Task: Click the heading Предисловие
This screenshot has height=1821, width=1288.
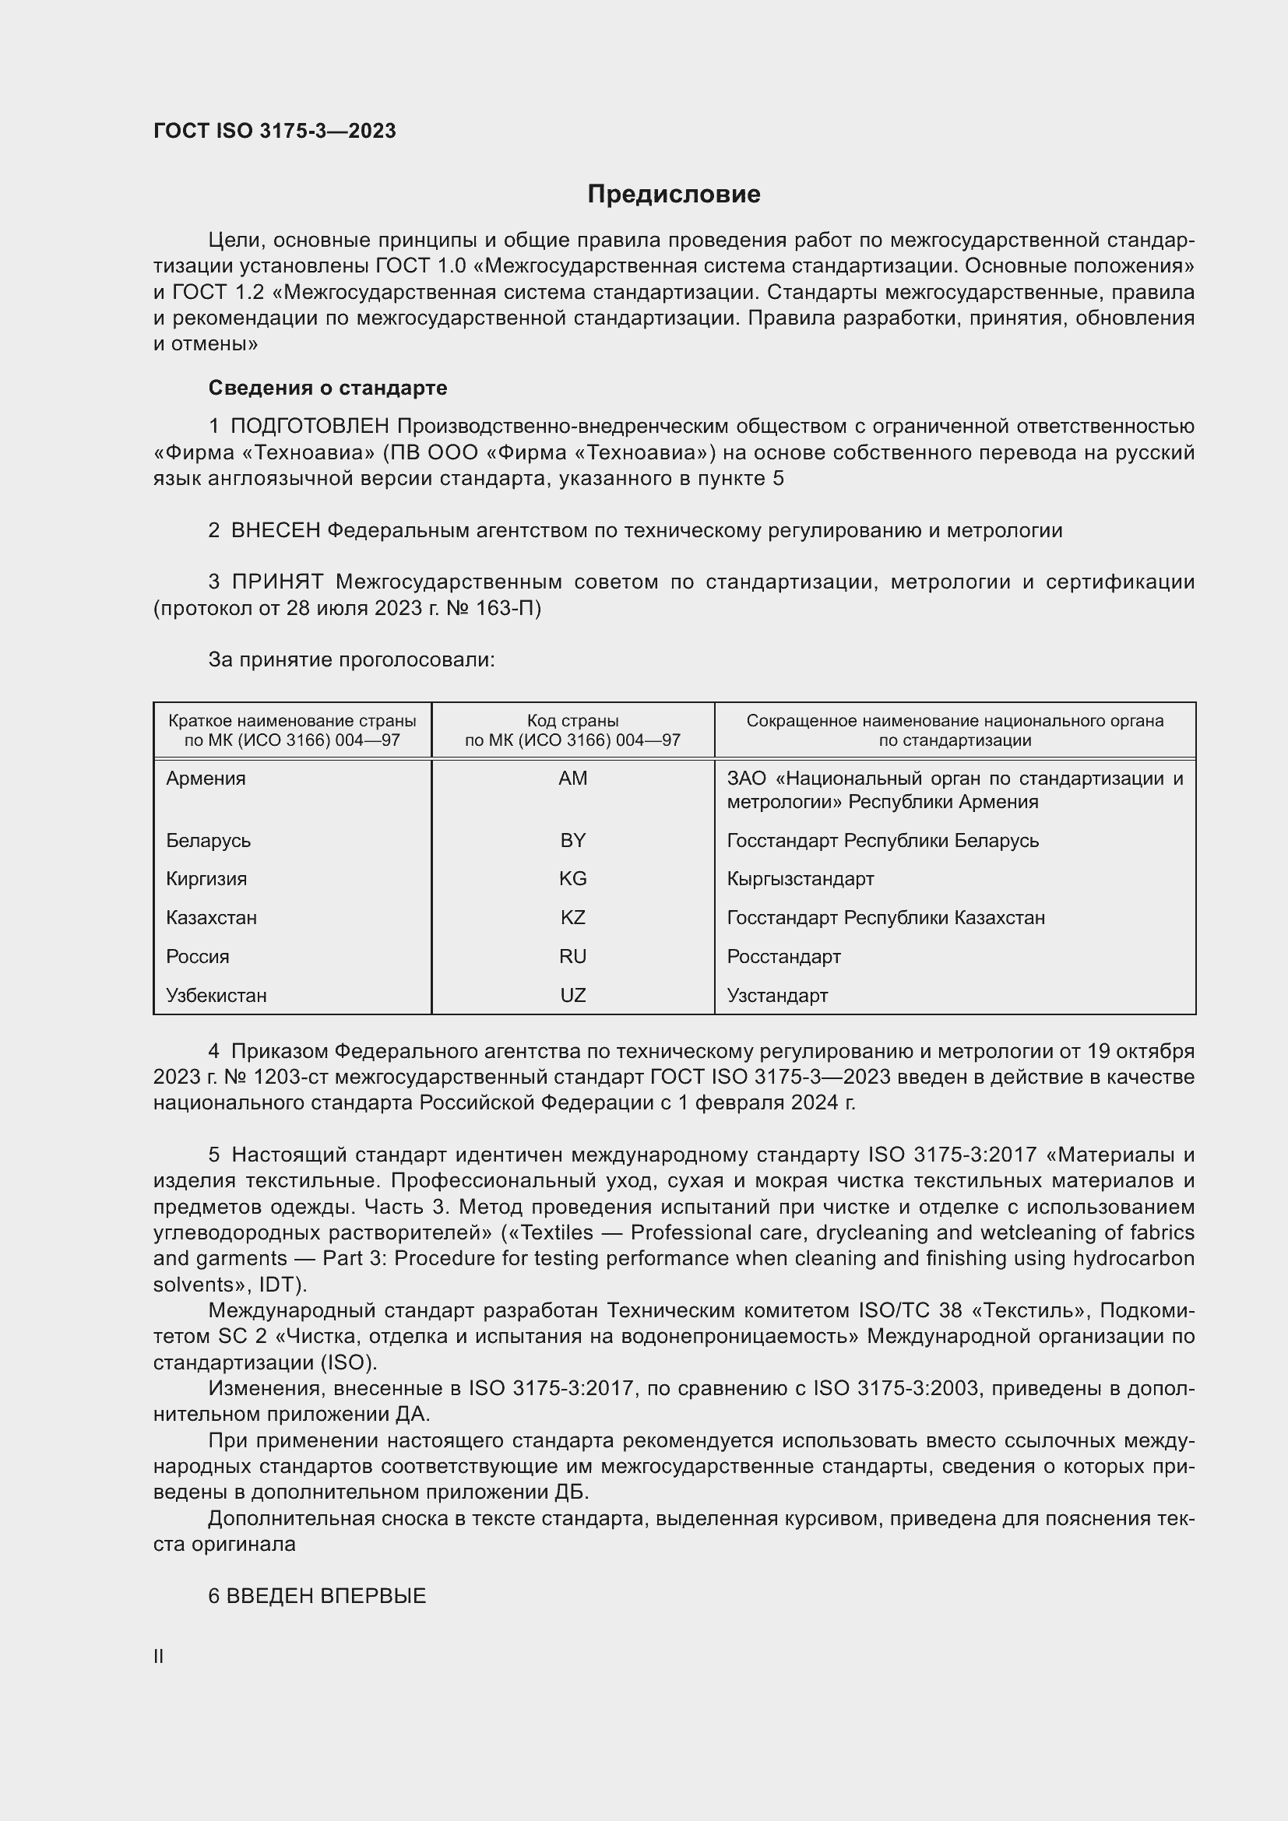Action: click(x=674, y=195)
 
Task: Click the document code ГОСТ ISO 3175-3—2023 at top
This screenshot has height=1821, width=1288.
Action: click(x=274, y=131)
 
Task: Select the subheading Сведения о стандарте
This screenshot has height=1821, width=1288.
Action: click(x=328, y=388)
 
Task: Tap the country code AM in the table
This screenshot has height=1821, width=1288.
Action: click(x=572, y=778)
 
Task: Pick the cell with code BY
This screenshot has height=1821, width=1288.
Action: click(x=572, y=840)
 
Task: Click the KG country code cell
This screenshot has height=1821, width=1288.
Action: click(x=572, y=879)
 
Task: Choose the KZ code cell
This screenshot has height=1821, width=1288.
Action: click(x=572, y=918)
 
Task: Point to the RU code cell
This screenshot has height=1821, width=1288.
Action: click(x=572, y=957)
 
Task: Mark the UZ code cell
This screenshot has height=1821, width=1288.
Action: click(x=572, y=996)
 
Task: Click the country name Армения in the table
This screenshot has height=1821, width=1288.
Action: click(x=206, y=778)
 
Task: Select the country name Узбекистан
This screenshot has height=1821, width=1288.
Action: click(x=216, y=996)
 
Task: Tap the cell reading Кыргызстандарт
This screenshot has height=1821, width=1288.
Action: click(x=801, y=879)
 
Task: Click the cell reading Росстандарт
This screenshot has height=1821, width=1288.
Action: click(x=783, y=957)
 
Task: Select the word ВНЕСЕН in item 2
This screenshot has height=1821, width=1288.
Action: click(x=275, y=531)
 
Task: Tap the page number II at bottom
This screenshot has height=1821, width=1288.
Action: click(x=159, y=1656)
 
